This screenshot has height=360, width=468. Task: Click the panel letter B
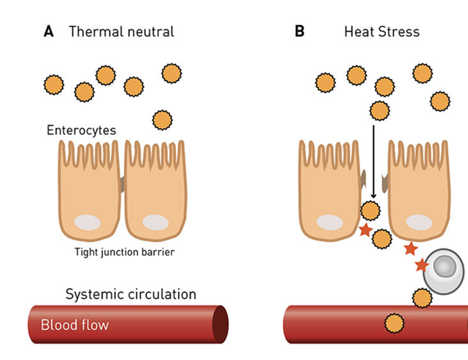point(300,32)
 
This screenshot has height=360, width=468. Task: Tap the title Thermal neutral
point(121,32)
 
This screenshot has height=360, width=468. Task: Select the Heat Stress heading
point(382,32)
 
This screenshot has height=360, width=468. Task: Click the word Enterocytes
point(81,130)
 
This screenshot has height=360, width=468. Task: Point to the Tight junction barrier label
point(125,252)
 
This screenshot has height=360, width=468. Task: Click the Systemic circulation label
point(131,294)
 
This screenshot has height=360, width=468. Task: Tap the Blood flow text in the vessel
point(74,325)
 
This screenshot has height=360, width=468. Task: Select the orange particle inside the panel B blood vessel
point(394,324)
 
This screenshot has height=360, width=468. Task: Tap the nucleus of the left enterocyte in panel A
point(88,222)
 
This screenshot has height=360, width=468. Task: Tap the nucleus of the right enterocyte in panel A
point(155,222)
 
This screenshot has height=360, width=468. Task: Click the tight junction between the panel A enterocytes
point(122,184)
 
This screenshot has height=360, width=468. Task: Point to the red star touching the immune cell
point(422,265)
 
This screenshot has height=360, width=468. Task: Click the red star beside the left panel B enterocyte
point(365,230)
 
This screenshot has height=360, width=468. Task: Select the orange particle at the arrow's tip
point(370,211)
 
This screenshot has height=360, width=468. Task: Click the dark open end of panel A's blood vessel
point(220,324)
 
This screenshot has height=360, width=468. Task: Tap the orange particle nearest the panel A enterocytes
point(162,120)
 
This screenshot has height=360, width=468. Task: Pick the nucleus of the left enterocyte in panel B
point(330,222)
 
